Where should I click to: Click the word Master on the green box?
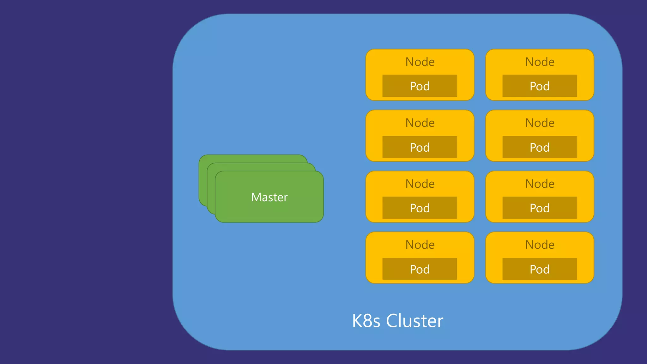point(269,197)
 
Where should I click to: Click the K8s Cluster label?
point(397,321)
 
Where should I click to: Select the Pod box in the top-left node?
point(420,86)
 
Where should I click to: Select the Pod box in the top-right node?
point(540,86)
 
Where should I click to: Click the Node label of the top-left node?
point(420,62)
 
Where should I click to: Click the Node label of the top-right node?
point(540,62)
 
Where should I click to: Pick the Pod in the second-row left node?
point(420,147)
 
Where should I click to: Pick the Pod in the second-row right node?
point(540,147)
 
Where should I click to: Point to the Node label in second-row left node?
point(420,123)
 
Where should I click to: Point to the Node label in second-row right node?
point(540,123)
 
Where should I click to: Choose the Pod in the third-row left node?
point(420,208)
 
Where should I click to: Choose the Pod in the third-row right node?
point(540,208)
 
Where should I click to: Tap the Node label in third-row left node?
point(420,184)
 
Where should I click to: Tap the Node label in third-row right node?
point(540,184)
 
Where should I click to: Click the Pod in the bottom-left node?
point(420,269)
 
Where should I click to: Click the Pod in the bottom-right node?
point(540,269)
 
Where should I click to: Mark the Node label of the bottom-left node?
point(420,245)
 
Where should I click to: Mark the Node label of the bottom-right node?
point(540,245)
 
